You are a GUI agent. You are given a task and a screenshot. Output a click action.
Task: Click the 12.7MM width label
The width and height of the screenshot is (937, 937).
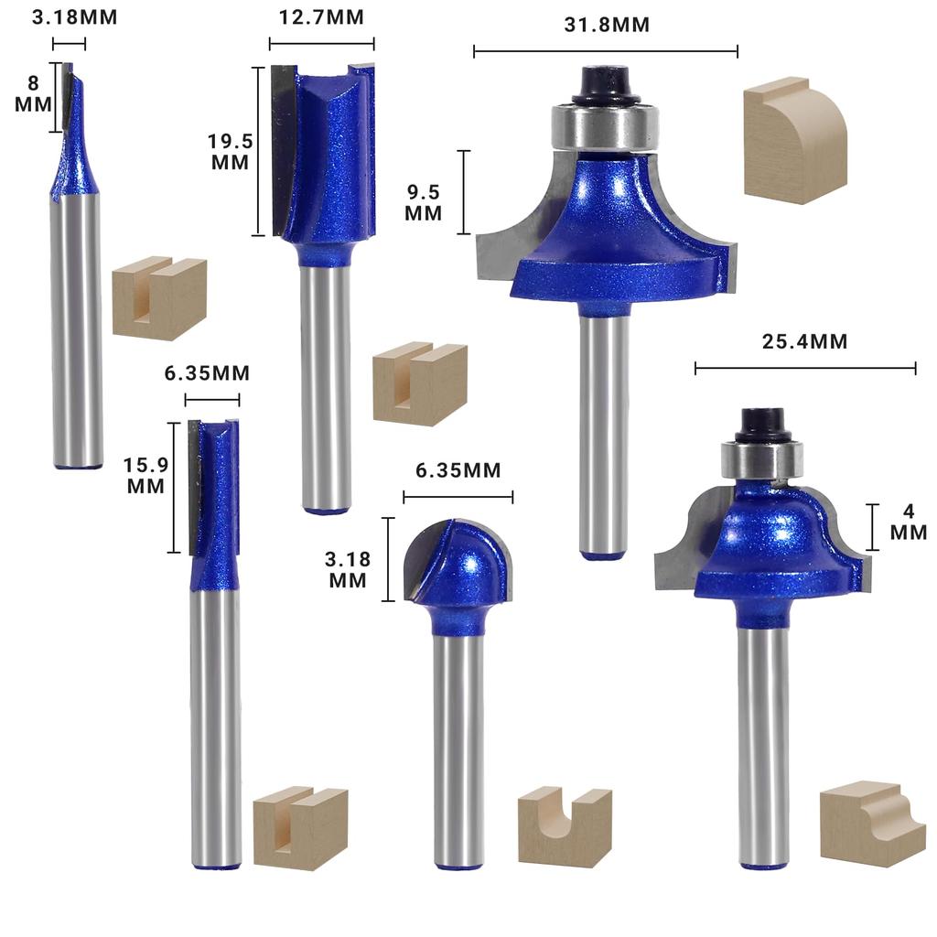(x=321, y=17)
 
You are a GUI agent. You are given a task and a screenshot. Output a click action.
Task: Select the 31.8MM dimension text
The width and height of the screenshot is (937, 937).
(x=606, y=25)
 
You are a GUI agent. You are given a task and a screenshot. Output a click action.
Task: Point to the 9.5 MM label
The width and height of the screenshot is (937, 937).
(x=425, y=202)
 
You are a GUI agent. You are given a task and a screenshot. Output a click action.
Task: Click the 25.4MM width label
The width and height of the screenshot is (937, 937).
(x=804, y=342)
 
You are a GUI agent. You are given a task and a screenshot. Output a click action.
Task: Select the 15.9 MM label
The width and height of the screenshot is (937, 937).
(x=145, y=475)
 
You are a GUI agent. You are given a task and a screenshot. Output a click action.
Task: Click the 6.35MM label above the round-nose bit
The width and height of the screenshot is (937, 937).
(x=458, y=470)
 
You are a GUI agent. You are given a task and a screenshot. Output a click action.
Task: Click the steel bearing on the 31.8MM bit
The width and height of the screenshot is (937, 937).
(x=605, y=127)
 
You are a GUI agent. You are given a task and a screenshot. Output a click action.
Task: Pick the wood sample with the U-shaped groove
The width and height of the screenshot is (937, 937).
(x=565, y=825)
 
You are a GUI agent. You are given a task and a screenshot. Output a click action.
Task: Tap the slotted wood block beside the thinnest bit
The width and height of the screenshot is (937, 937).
(x=159, y=298)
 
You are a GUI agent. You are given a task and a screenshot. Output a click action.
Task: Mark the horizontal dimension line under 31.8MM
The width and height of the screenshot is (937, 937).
(x=605, y=51)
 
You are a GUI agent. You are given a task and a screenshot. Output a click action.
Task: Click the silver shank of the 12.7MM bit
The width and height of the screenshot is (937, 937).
(x=326, y=384)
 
